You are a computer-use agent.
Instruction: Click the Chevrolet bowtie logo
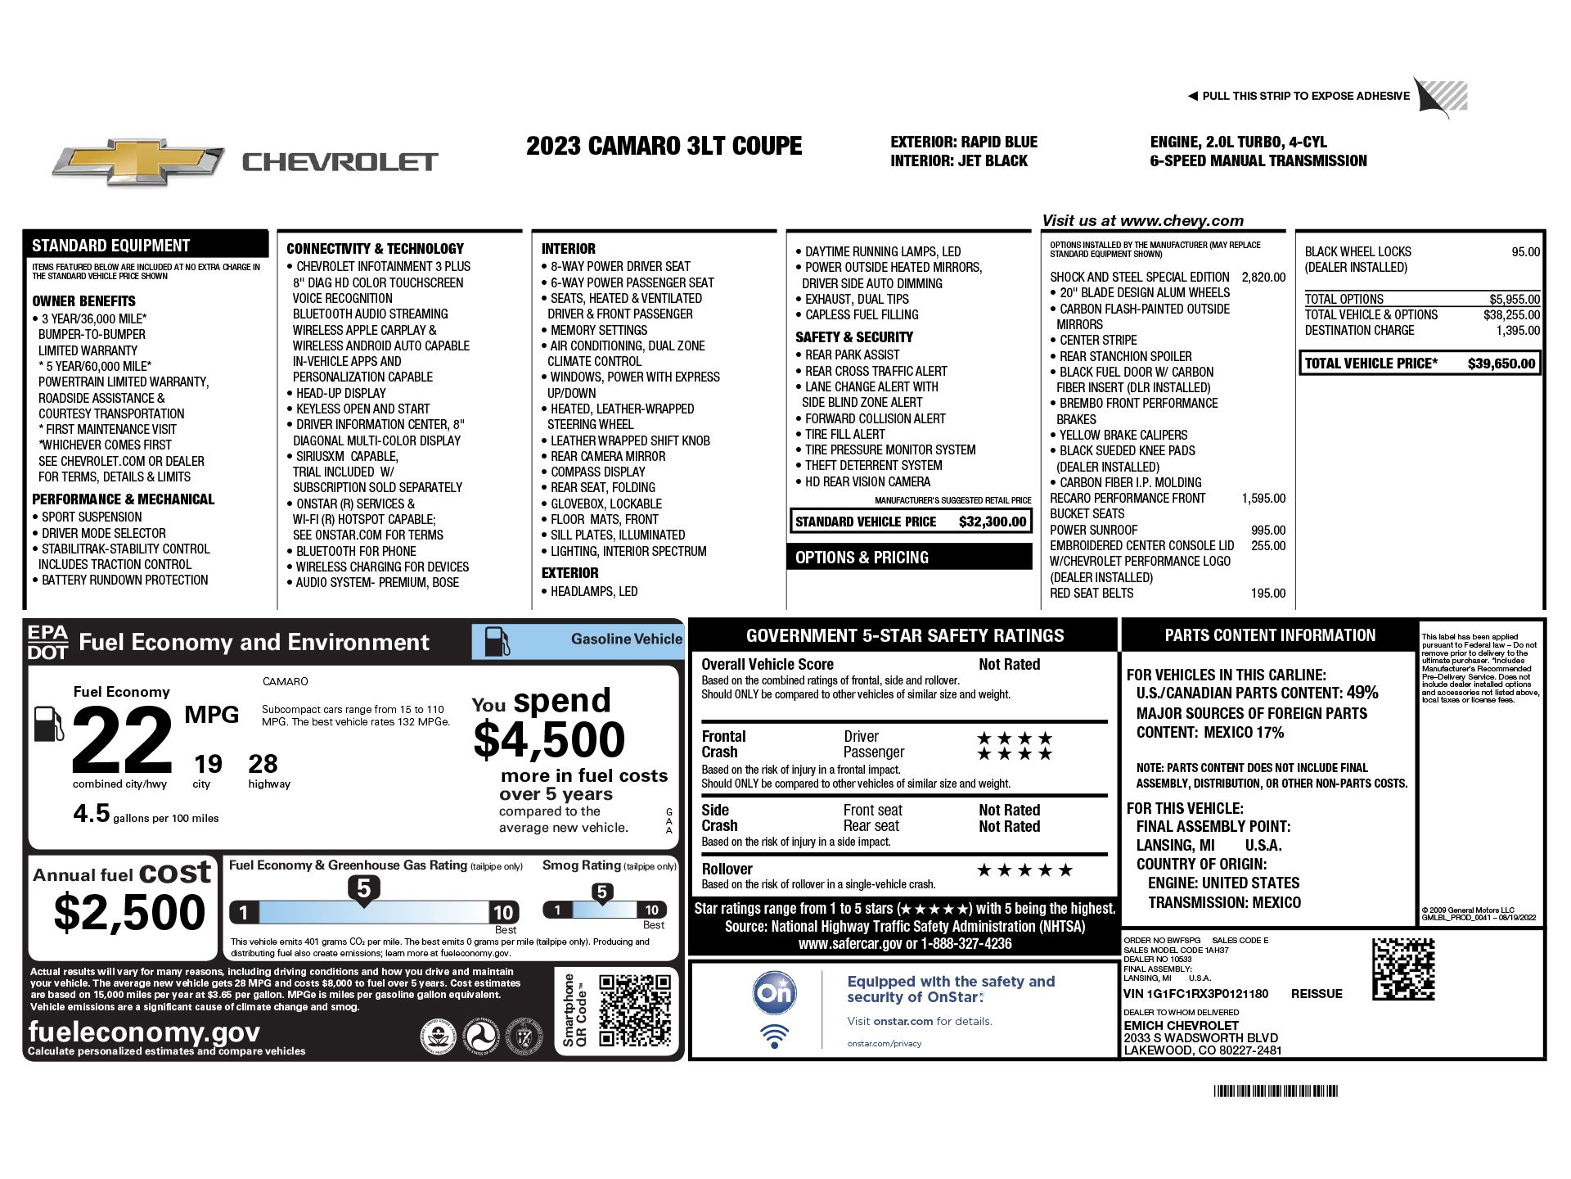coord(138,162)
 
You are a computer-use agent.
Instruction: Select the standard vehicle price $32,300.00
coord(992,522)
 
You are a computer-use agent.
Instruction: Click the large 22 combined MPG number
coord(123,741)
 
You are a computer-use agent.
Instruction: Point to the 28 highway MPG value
coord(263,764)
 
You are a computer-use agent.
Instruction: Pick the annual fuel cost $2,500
coord(129,912)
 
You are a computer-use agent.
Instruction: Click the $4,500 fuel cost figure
coord(549,739)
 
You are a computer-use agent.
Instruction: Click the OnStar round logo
coord(774,992)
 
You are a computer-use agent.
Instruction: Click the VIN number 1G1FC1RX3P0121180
coord(1207,994)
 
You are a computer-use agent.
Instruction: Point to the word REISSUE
coord(1317,994)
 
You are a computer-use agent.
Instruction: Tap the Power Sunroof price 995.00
coord(1267,530)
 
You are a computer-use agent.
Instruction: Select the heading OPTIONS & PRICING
coord(862,558)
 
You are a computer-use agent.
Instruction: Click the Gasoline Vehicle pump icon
coord(497,641)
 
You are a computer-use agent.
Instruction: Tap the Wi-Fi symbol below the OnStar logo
coord(774,1036)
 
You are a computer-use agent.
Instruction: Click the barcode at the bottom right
coord(1276,1091)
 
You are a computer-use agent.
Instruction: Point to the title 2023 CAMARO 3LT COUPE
coord(664,146)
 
